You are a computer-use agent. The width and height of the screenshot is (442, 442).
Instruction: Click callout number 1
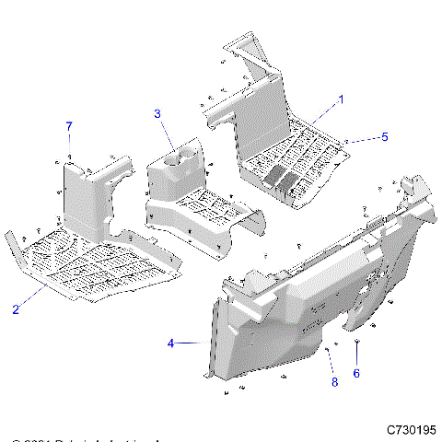(341, 98)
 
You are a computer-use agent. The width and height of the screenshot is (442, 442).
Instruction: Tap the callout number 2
(16, 309)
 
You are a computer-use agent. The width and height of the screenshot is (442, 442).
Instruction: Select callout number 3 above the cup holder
(157, 113)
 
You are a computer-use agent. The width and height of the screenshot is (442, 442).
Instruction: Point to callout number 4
(170, 343)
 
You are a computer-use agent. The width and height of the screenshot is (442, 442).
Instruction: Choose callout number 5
(385, 136)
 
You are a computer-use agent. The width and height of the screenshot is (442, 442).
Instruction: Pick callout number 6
(356, 373)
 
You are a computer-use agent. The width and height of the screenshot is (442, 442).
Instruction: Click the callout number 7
(68, 124)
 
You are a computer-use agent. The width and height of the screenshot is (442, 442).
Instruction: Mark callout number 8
(334, 380)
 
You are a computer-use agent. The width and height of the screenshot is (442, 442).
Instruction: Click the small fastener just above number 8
(328, 350)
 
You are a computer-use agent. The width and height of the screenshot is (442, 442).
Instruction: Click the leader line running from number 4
(193, 343)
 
